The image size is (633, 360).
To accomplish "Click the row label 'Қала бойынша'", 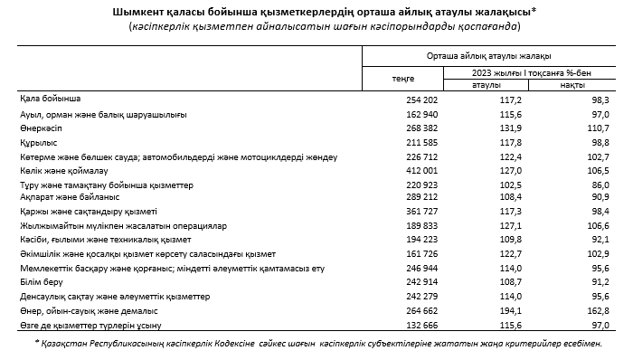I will coord(50,97).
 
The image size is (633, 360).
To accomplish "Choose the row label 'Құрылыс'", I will coord(38,142).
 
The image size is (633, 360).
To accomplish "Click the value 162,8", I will coord(592,309).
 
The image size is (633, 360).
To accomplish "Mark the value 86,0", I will coord(595,184).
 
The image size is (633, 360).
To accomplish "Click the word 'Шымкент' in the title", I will coord(135,11).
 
